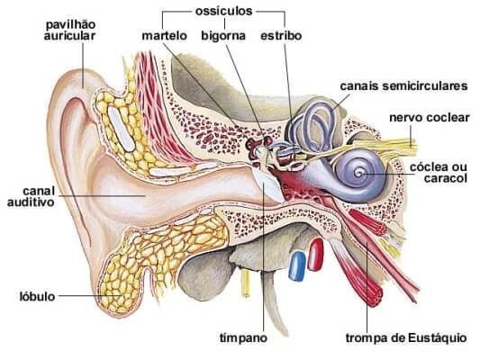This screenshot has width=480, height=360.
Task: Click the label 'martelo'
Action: (165, 36)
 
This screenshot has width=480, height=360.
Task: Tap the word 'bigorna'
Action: (223, 36)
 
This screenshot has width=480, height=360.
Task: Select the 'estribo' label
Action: (281, 35)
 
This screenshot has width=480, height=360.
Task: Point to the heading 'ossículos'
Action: (223, 12)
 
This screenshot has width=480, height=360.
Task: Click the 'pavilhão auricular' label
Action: (70, 31)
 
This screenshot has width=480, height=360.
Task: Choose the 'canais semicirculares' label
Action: (403, 85)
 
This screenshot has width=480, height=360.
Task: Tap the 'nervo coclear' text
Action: (430, 118)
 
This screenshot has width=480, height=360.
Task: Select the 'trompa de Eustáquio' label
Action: (406, 338)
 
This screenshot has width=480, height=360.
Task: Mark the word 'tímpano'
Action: (244, 338)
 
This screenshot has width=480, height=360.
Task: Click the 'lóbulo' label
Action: (37, 296)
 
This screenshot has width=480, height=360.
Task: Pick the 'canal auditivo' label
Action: (31, 196)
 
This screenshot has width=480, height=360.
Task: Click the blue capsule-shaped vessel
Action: (297, 266)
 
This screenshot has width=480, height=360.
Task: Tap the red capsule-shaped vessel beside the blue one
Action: (315, 255)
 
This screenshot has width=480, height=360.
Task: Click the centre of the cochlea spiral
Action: (358, 174)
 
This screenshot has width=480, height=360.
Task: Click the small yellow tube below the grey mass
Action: (245, 283)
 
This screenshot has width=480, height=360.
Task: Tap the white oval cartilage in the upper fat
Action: (122, 129)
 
